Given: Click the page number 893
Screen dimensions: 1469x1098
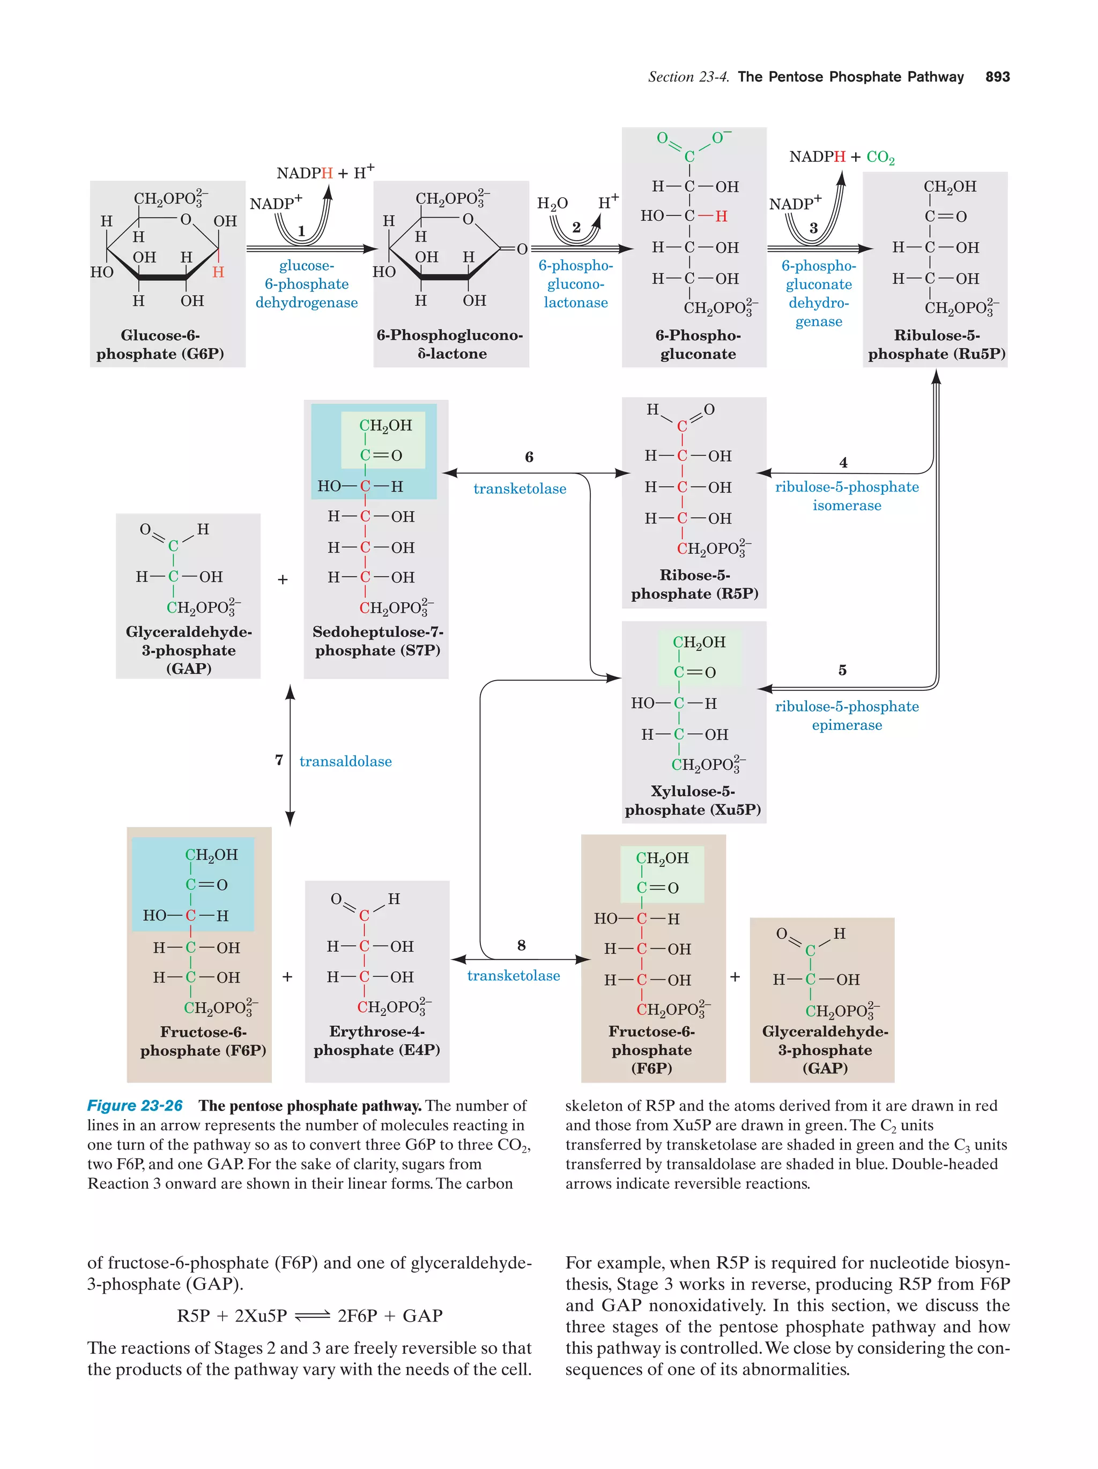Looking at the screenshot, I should (x=997, y=77).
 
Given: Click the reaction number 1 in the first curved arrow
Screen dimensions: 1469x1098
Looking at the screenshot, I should (x=301, y=231).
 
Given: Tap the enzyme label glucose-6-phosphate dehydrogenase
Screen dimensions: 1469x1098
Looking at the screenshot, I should (x=306, y=284).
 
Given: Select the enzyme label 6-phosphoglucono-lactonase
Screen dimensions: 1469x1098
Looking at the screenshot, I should (x=575, y=284).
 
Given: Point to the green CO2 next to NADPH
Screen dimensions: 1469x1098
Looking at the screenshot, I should (x=880, y=158).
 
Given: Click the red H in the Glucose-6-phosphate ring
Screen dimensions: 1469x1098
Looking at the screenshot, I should (x=218, y=272).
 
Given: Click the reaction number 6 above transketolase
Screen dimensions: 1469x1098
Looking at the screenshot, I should (x=529, y=457).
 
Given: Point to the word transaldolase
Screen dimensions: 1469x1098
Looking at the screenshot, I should (x=345, y=762).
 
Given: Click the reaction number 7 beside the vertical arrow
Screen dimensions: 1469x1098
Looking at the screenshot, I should (x=279, y=760).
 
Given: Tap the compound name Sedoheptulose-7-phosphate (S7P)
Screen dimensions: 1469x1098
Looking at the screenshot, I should (x=377, y=641).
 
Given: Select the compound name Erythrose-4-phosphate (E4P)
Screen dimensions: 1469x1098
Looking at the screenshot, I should (x=376, y=1041).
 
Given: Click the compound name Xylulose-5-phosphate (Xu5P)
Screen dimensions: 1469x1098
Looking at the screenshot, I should (x=693, y=800).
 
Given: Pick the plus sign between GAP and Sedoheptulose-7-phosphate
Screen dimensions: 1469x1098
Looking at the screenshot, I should (x=283, y=580).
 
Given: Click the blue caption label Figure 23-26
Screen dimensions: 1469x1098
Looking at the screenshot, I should (x=135, y=1106).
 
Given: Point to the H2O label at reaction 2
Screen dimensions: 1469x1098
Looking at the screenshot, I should (x=552, y=203).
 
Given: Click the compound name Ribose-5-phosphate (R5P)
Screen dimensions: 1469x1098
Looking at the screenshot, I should (x=694, y=584).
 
